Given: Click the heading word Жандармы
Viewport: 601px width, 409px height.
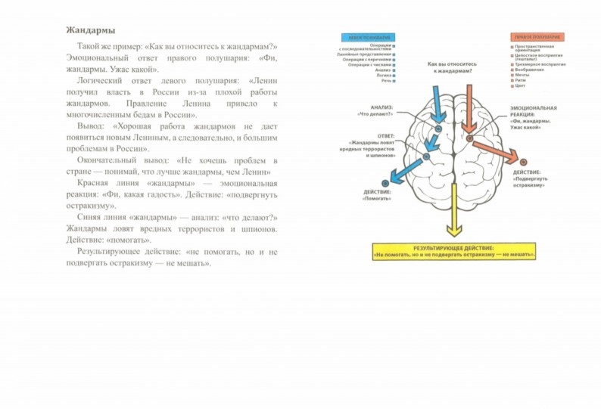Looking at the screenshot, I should point(90,31).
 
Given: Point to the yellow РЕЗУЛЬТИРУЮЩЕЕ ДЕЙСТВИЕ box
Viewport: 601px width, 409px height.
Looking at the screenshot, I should point(454,252).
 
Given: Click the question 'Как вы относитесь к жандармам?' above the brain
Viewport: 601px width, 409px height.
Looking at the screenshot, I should point(452,67).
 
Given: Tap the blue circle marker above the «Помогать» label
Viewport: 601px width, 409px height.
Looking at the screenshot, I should point(386,183).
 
